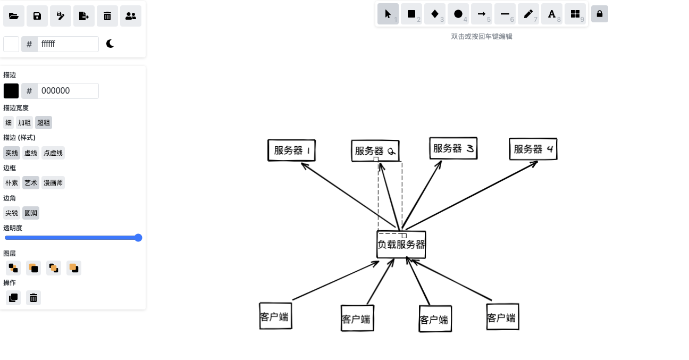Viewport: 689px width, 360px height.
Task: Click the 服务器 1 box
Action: tap(291, 150)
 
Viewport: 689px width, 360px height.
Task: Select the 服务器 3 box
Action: tap(453, 148)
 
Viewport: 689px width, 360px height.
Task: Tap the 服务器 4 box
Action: tap(533, 149)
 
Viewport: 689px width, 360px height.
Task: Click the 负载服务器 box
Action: tap(401, 245)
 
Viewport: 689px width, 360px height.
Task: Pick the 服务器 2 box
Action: tap(375, 150)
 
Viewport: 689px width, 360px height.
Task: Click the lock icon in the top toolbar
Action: tap(600, 14)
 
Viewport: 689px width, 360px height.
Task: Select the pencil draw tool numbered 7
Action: tap(528, 14)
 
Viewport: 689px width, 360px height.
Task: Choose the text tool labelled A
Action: tap(551, 14)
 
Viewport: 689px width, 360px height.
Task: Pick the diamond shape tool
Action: tap(434, 14)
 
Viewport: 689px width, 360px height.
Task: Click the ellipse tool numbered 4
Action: tap(458, 14)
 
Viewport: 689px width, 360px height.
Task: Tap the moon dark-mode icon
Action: tap(110, 44)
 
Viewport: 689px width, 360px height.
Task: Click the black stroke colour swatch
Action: tap(11, 91)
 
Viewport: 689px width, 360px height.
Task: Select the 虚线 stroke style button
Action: tap(31, 153)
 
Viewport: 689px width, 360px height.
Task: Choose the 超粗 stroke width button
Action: tap(44, 123)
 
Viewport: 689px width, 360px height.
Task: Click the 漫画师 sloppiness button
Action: tap(53, 183)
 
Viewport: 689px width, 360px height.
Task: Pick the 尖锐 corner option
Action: tap(12, 213)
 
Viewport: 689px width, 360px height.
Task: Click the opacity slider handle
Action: tap(138, 238)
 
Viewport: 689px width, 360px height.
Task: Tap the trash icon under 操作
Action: tap(33, 298)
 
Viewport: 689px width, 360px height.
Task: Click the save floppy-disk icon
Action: tap(37, 16)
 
